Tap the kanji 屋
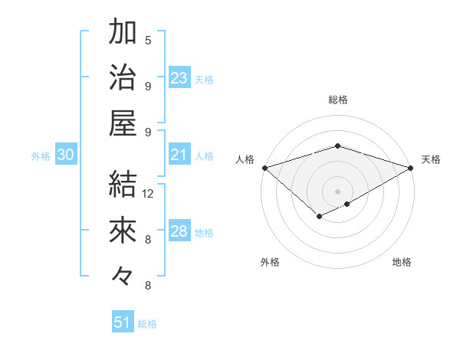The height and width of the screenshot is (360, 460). (x=123, y=123)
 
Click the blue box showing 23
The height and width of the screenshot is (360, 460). (x=179, y=78)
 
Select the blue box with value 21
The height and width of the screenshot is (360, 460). (x=179, y=155)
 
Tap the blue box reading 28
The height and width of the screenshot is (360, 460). (x=179, y=232)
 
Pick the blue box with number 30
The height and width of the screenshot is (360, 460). (x=65, y=155)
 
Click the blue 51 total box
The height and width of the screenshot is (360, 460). (x=123, y=322)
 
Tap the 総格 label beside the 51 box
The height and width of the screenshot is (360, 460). (x=147, y=324)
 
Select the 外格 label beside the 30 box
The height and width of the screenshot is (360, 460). (x=41, y=156)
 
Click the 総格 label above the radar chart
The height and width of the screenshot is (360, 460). (x=337, y=100)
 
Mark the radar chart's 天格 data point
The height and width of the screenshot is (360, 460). (x=411, y=168)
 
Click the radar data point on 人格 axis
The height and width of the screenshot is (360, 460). (x=264, y=168)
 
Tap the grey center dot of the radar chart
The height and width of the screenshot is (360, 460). (x=337, y=191)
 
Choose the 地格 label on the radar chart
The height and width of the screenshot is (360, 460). (x=402, y=262)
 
